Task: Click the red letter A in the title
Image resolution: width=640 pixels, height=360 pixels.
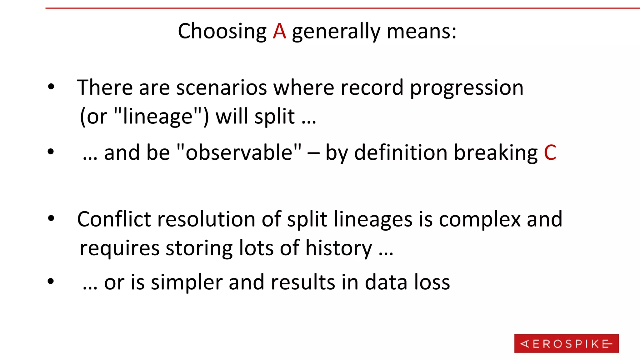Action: pyautogui.click(x=279, y=31)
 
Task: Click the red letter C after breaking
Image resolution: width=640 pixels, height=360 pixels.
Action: pyautogui.click(x=550, y=153)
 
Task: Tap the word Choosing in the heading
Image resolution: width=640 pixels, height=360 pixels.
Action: pyautogui.click(x=222, y=31)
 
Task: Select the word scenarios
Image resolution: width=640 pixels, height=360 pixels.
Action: pyautogui.click(x=221, y=87)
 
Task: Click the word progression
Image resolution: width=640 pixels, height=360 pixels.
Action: pyautogui.click(x=466, y=88)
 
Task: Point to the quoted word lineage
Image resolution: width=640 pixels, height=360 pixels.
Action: pyautogui.click(x=158, y=116)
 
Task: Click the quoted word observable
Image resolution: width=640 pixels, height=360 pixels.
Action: pyautogui.click(x=239, y=152)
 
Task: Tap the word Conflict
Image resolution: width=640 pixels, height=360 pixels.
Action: pyautogui.click(x=114, y=219)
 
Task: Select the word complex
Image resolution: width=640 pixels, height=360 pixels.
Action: pyautogui.click(x=480, y=220)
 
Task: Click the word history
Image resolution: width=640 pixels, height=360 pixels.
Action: pyautogui.click(x=338, y=248)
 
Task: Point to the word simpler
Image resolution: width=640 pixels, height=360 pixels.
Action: pyautogui.click(x=187, y=282)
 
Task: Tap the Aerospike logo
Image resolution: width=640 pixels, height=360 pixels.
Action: pyautogui.click(x=566, y=343)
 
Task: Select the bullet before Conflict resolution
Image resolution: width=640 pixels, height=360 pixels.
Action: pyautogui.click(x=51, y=218)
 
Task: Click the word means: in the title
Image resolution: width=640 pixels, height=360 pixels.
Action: pyautogui.click(x=421, y=31)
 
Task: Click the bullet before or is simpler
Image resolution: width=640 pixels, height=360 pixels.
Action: pyautogui.click(x=51, y=282)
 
